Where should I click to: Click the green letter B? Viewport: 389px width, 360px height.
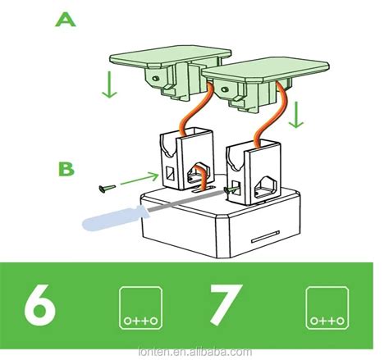click(66, 169)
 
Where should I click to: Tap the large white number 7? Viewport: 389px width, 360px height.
click(222, 306)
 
